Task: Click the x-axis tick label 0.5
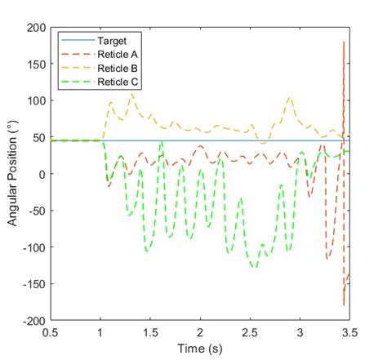[x=51, y=333]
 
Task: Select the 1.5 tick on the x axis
[x=150, y=333]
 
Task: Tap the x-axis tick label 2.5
[x=250, y=333]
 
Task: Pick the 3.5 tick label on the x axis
[x=349, y=333]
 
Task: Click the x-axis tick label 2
[x=200, y=333]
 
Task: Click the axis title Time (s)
[x=200, y=349]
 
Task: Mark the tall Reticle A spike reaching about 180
[x=343, y=42]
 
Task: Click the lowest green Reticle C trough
[x=254, y=267]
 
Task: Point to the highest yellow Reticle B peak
[x=131, y=94]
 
